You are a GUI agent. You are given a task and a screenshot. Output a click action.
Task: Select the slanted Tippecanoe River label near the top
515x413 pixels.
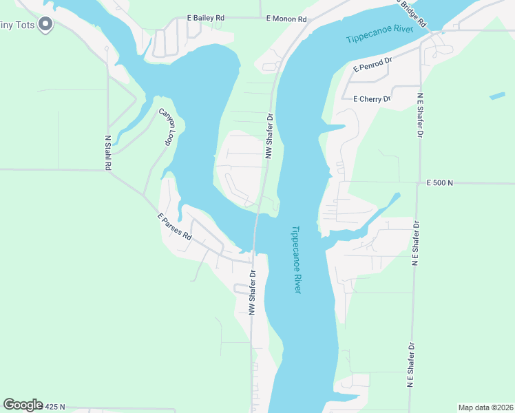coord(379,34)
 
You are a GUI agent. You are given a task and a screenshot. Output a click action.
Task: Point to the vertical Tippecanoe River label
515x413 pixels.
coord(295,260)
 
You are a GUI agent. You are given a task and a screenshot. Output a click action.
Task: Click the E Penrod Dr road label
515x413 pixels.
coord(372,65)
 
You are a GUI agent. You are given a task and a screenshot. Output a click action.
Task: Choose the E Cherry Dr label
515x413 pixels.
coord(371,99)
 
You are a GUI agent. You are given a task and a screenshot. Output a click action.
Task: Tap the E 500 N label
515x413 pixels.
coord(441,182)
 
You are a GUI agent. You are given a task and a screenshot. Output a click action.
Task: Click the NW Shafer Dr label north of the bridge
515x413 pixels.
coord(270,136)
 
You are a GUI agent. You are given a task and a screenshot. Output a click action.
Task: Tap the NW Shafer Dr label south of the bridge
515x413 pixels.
coord(253,292)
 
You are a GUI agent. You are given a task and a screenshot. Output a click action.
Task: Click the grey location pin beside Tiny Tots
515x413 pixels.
coord(46,25)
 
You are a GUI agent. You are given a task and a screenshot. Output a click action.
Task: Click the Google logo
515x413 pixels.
coord(23,405)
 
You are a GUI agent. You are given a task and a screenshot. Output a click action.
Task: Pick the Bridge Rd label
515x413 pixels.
coord(412,13)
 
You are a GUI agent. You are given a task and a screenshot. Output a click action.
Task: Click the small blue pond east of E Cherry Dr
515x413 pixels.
coord(497,95)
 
